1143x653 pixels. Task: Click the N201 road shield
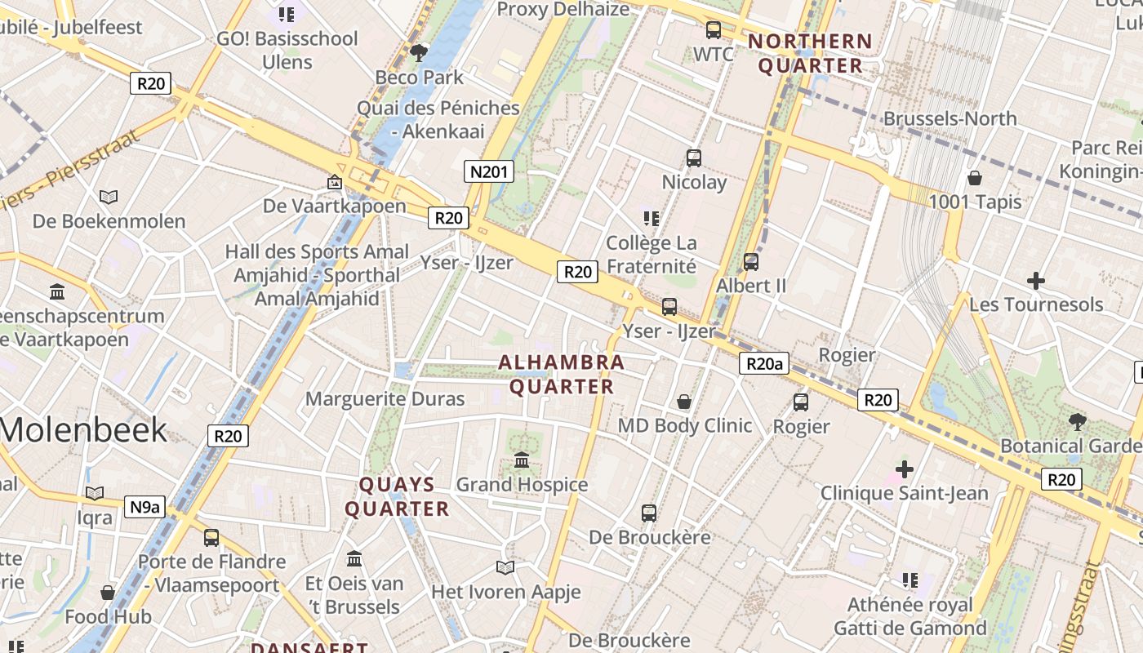pos(489,171)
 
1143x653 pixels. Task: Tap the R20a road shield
pos(764,363)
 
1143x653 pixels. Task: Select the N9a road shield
pos(145,507)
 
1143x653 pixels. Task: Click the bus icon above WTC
pos(713,30)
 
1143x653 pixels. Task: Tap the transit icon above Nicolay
pos(694,158)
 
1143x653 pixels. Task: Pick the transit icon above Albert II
pos(750,262)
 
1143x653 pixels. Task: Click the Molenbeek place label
pos(83,429)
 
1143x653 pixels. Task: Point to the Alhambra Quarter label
pos(562,374)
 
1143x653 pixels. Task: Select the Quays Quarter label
pos(397,496)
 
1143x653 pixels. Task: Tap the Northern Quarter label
pos(810,53)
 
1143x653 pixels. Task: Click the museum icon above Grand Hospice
pos(522,460)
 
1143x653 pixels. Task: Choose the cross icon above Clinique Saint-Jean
pos(904,469)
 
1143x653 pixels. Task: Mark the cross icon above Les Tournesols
pos(1035,282)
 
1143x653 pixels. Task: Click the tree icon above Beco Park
pos(419,54)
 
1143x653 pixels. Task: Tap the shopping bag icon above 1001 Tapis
pos(974,177)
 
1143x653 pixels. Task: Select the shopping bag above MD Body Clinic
pos(684,402)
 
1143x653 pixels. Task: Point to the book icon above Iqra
pos(95,493)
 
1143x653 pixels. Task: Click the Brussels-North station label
pos(950,118)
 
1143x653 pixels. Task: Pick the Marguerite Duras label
pos(385,399)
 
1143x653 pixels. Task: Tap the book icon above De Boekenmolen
pos(109,197)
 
